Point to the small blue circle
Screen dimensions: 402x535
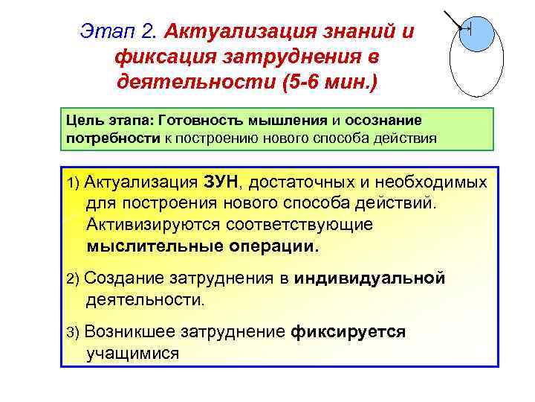click(x=476, y=33)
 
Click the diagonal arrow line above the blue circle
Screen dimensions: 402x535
click(x=454, y=22)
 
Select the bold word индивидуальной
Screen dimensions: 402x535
click(x=369, y=278)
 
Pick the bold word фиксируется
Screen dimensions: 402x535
click(x=348, y=332)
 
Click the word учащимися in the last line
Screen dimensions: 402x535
click(x=132, y=353)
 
